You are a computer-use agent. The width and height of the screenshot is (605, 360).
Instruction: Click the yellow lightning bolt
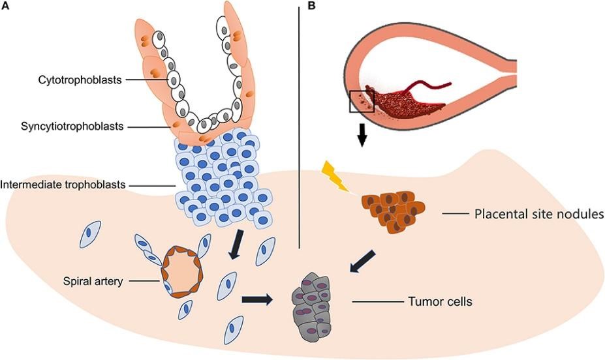pyautogui.click(x=335, y=177)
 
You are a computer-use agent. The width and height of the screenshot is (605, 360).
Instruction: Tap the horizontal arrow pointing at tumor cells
pyautogui.click(x=258, y=299)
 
